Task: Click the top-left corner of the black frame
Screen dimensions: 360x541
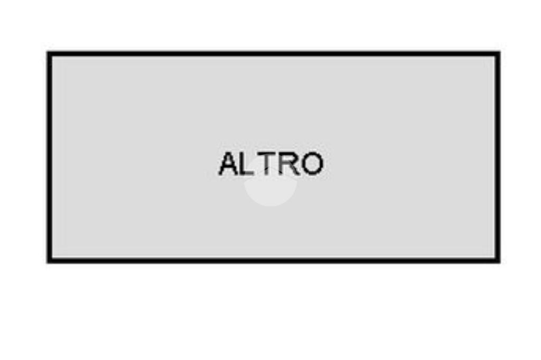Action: coord(49,54)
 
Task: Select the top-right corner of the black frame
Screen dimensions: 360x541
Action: coord(498,54)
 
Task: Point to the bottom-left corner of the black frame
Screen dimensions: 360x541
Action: coord(49,260)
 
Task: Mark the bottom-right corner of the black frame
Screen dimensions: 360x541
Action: coord(498,260)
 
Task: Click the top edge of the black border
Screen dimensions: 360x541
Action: coord(273,54)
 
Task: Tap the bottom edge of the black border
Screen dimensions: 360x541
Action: coord(273,260)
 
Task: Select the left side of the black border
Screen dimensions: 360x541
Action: coord(49,157)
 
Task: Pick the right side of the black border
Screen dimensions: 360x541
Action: coord(498,157)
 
